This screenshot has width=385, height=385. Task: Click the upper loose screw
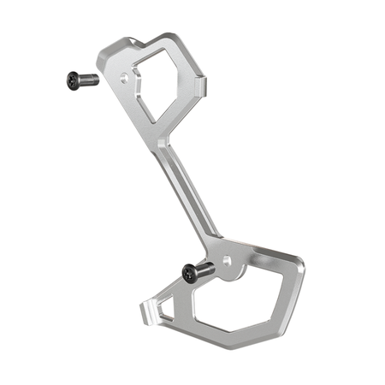coord(81,80)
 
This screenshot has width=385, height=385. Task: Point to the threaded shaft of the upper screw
coord(88,80)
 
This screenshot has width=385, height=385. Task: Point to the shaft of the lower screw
coord(206,270)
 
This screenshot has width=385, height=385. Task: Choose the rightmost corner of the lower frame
coord(301,265)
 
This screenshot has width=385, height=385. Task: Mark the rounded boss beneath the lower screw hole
coord(231,274)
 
